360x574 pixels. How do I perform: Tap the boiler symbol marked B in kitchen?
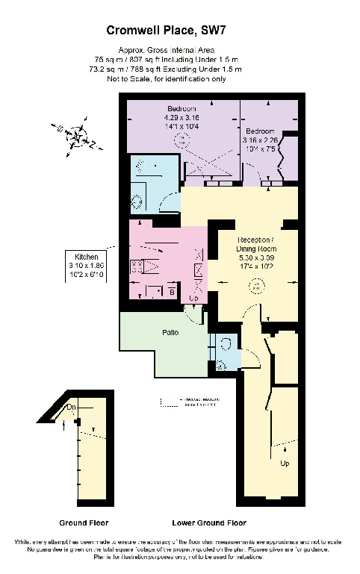172,291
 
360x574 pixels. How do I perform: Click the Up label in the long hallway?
285,464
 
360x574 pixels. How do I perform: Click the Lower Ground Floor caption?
209,522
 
